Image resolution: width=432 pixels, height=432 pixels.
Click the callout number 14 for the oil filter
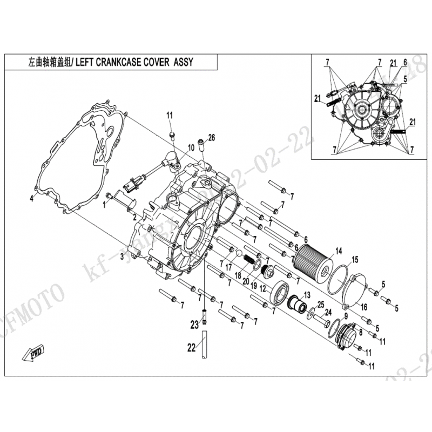point(339,250)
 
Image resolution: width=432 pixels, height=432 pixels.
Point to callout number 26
point(211,138)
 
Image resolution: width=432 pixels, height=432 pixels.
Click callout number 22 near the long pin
point(190,348)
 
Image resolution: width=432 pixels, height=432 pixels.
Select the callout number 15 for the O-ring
point(355,260)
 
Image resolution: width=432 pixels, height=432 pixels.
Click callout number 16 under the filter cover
point(364,307)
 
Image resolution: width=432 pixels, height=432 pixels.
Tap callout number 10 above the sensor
point(191,147)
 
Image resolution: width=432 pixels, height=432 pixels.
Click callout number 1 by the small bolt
point(105,205)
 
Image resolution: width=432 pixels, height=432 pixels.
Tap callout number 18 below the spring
point(237,275)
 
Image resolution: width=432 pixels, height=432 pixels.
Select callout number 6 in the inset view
point(403,63)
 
